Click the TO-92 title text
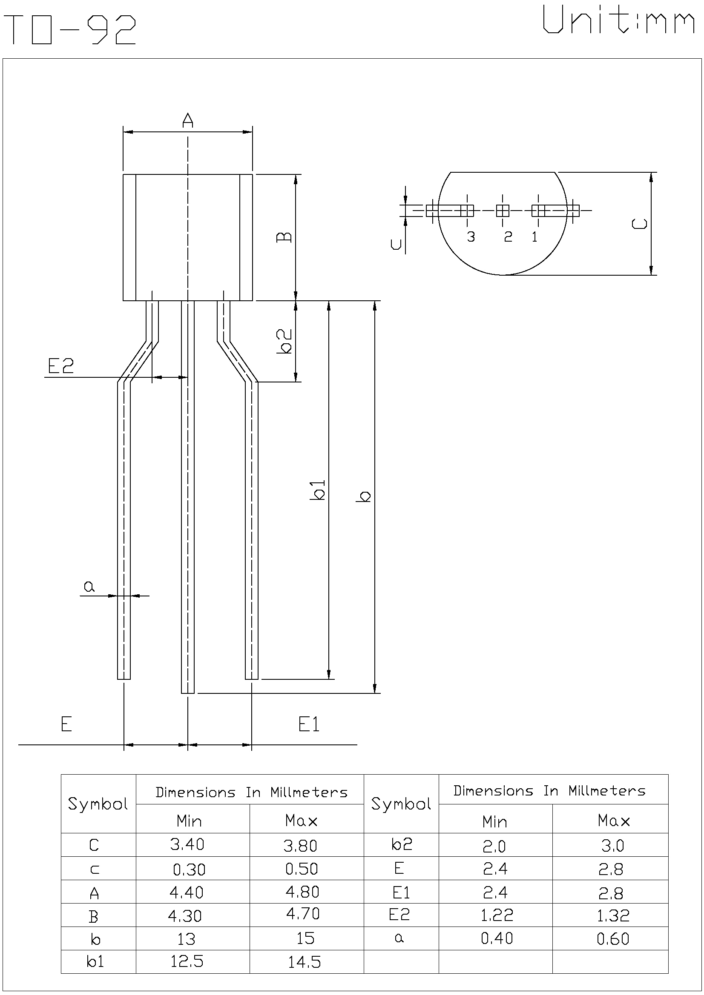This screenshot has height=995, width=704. [x=72, y=29]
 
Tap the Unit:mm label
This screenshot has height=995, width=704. [x=618, y=21]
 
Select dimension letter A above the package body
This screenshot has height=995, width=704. [x=187, y=120]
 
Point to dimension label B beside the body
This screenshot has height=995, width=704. [x=284, y=237]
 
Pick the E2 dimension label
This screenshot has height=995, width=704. [x=61, y=366]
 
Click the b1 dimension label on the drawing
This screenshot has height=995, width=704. [x=317, y=490]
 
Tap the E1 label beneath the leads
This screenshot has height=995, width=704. [x=309, y=724]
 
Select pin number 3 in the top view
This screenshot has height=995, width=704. [x=471, y=237]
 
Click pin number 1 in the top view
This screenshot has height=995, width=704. [x=534, y=237]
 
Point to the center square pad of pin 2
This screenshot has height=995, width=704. [x=502, y=211]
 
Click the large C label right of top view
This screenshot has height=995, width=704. [x=639, y=223]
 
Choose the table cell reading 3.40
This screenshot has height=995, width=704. [x=187, y=844]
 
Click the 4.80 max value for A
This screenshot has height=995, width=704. [x=302, y=892]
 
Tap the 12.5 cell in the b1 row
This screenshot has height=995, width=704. [x=187, y=962]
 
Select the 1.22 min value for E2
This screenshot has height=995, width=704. [x=497, y=915]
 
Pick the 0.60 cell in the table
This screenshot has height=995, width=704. [x=612, y=939]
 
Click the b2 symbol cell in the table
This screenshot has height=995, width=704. [x=401, y=844]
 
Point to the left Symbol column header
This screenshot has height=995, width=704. [x=98, y=804]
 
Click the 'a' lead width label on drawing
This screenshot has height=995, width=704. [x=89, y=587]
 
